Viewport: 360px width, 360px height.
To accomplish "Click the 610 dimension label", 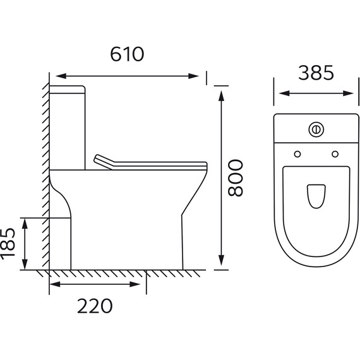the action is pos(127,54).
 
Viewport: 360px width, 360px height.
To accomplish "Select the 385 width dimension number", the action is pos(316,73).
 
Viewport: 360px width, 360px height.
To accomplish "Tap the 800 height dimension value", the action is pos(235,178).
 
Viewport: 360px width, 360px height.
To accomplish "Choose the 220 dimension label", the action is pos(95,306).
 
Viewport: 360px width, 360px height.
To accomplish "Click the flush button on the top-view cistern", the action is pos(316,129).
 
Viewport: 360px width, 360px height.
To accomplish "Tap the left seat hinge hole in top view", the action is pos(297,154).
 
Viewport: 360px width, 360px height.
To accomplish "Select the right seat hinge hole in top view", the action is pos(335,154).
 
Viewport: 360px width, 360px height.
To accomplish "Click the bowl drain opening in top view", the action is pos(316,196).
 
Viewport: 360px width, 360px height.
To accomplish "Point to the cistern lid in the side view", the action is pos(67,90).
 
